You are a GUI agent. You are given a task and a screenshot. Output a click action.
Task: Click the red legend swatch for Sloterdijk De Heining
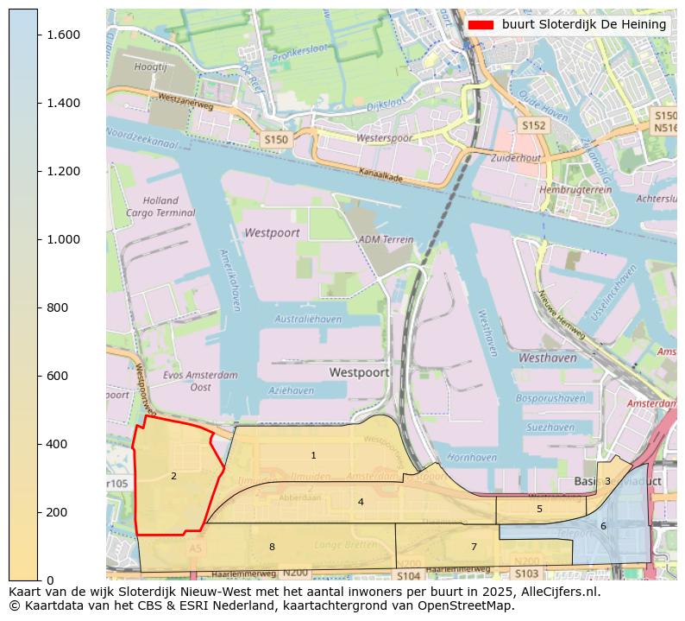pyautogui.click(x=480, y=25)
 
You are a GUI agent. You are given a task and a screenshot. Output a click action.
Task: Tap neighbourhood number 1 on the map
pyautogui.click(x=313, y=455)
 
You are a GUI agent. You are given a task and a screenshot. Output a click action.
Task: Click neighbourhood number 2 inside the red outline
pyautogui.click(x=173, y=476)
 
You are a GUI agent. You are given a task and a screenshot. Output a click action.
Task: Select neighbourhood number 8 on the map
pyautogui.click(x=272, y=547)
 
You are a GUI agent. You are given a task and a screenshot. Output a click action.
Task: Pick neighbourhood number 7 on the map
pyautogui.click(x=474, y=547)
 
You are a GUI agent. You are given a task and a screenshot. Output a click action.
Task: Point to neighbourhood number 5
pyautogui.click(x=539, y=509)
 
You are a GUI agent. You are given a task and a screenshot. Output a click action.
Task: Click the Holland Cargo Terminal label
pyautogui.click(x=160, y=206)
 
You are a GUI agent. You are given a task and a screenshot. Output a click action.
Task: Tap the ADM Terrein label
pyautogui.click(x=386, y=239)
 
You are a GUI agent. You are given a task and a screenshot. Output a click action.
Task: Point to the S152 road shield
pyautogui.click(x=533, y=125)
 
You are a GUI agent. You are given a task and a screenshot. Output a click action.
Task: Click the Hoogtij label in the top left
pyautogui.click(x=150, y=66)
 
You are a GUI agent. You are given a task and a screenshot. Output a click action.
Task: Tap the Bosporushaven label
pyautogui.click(x=550, y=398)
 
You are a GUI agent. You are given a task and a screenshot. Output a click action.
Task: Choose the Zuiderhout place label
pyautogui.click(x=515, y=158)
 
